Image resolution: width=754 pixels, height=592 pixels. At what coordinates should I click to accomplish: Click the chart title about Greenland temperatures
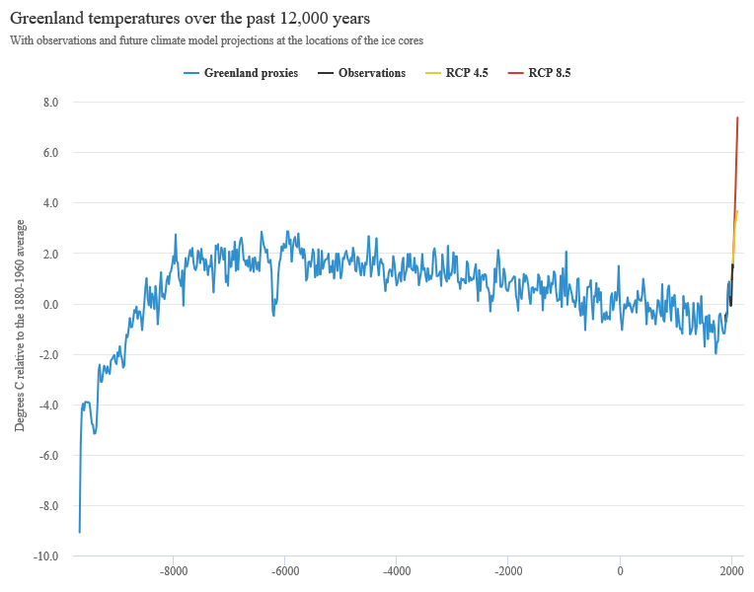[189, 19]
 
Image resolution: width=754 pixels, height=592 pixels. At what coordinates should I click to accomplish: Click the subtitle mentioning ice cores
[216, 41]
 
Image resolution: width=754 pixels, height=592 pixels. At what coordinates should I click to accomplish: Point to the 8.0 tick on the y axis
[50, 103]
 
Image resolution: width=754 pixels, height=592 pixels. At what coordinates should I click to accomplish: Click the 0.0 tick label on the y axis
[50, 304]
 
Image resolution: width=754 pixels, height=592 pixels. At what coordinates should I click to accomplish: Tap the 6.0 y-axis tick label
[50, 153]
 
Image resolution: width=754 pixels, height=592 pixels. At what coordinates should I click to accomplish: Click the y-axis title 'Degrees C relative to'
[20, 326]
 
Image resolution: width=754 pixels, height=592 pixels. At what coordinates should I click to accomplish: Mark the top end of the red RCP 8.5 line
[737, 118]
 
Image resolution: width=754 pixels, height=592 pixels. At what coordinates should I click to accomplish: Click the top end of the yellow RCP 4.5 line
[736, 212]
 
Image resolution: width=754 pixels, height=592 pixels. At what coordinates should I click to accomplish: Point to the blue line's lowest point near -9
[79, 532]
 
